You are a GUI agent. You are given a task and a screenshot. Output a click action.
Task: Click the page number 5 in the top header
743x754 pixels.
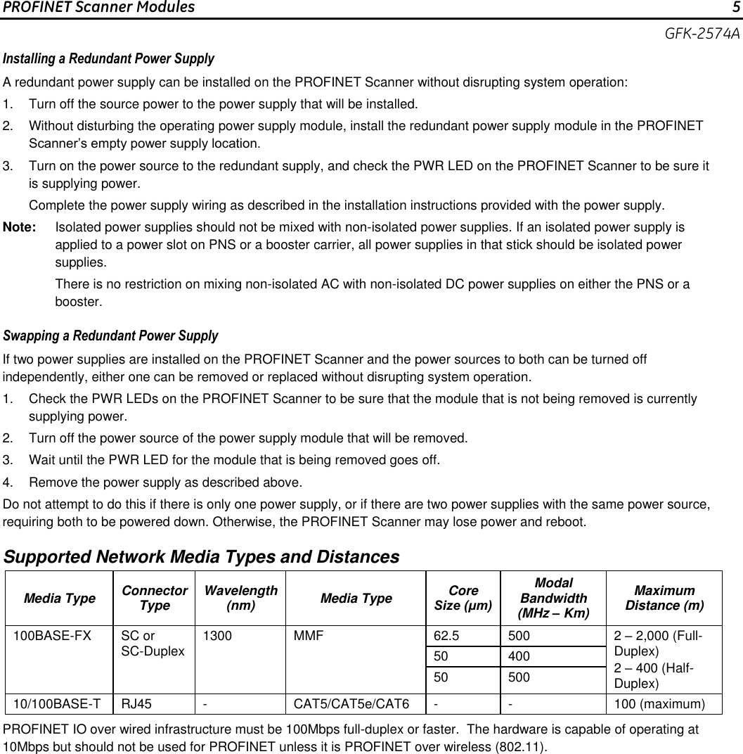[735, 8]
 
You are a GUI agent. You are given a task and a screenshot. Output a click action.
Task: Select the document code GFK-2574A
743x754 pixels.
[703, 34]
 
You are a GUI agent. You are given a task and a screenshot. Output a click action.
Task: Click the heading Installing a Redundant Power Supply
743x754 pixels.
[109, 58]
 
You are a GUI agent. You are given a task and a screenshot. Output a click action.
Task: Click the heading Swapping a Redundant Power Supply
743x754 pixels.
[111, 336]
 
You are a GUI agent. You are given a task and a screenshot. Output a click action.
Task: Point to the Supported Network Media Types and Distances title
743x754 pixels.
[202, 557]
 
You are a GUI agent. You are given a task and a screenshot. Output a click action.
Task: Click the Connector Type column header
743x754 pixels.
[154, 598]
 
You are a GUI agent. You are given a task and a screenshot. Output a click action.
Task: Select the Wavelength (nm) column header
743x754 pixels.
[240, 598]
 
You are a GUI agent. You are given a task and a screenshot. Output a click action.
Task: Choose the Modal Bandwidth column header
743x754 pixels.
[553, 598]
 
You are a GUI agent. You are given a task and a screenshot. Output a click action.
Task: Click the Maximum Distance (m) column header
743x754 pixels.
[664, 598]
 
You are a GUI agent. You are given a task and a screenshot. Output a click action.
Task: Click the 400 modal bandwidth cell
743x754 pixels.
[520, 657]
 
